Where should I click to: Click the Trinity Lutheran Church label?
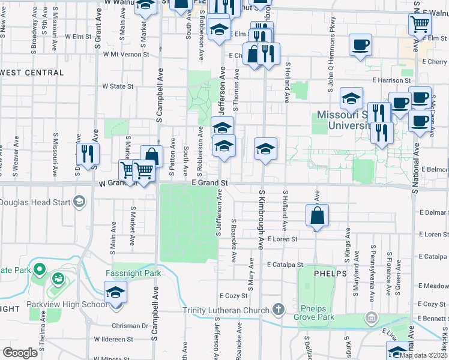226,310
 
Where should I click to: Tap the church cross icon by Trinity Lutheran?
277,310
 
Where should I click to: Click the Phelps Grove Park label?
313,310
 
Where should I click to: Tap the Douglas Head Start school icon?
79,202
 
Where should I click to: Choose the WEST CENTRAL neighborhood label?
32,73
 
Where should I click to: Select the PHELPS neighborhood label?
330,273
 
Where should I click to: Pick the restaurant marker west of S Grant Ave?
88,154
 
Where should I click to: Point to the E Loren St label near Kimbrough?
283,239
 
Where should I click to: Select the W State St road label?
118,86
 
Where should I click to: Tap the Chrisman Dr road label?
129,326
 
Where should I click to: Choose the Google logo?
20,352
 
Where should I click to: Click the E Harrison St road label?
393,80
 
